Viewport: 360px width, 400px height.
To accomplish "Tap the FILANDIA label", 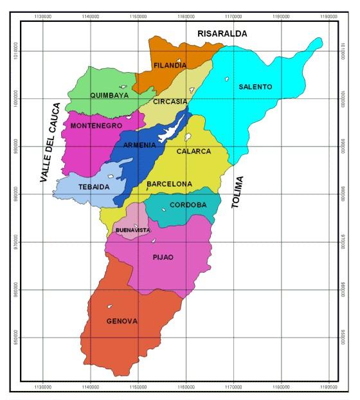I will point(170,66).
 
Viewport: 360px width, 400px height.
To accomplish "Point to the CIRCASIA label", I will point(170,102).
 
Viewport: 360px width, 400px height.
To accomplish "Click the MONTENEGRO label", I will point(96,125).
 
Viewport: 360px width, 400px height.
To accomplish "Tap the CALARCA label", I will point(192,152).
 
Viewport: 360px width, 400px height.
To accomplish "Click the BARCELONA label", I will point(169,184).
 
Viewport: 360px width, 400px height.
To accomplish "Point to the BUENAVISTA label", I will point(133,230).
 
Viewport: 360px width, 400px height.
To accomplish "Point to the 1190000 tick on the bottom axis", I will point(328,388).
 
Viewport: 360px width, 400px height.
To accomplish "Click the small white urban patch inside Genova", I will point(111,307).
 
